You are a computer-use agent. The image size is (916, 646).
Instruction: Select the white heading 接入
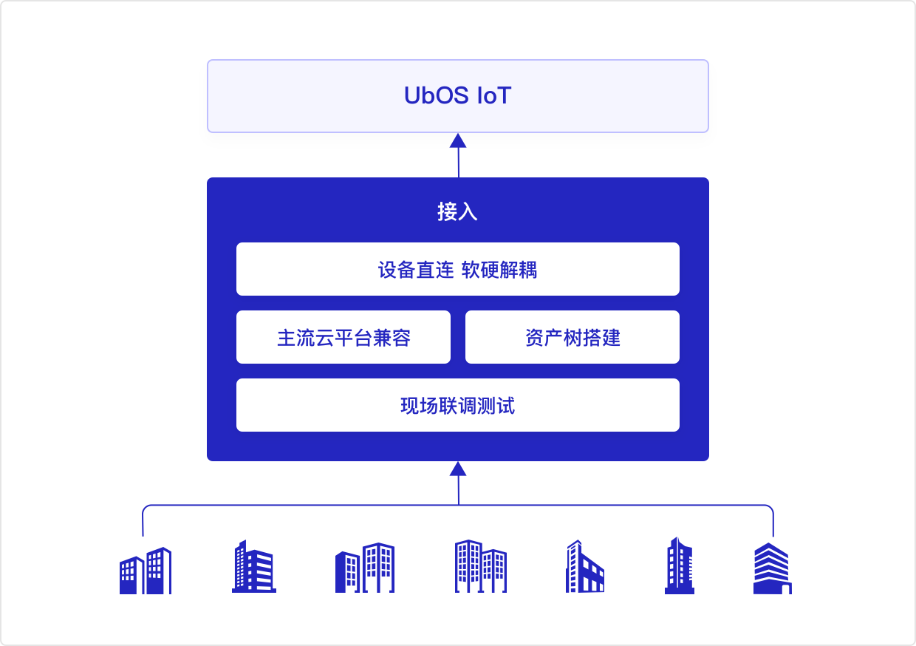(457, 212)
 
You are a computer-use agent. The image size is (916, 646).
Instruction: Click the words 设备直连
(415, 270)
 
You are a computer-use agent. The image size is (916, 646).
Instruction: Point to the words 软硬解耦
(499, 270)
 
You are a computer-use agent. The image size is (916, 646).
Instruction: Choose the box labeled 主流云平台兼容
(343, 338)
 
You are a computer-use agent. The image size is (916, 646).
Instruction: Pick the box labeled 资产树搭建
(572, 338)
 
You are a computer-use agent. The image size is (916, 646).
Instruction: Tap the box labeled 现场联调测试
(457, 406)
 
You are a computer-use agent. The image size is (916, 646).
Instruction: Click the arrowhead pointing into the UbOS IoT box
(458, 140)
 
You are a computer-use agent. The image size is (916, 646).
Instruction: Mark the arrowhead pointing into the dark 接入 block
(458, 469)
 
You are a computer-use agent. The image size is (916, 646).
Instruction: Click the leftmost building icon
(145, 571)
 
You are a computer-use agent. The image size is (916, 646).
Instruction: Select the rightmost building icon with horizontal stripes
(772, 568)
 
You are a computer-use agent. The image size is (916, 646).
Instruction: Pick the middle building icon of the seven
(480, 566)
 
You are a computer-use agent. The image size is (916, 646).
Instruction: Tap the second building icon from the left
(253, 567)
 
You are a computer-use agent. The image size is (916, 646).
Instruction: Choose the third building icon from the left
(364, 568)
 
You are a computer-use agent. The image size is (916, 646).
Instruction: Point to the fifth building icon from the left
(585, 567)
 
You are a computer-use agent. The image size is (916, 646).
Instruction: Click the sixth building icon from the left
(679, 566)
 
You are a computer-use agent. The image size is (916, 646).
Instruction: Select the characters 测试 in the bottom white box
(496, 406)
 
